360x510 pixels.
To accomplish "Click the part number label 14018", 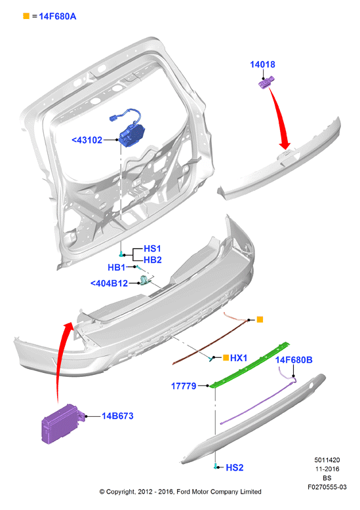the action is [262, 64].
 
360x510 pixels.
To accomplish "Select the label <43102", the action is [87, 140].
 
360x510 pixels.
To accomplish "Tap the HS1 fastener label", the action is [152, 249].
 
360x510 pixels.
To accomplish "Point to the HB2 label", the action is [153, 260].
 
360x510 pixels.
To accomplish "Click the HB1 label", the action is [117, 267].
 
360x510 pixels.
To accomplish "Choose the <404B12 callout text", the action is [109, 283].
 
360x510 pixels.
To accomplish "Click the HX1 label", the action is [239, 358].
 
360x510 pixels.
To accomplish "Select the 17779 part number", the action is [184, 386].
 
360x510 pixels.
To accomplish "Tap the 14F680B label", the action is [294, 360].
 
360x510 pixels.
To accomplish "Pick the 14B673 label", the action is [117, 416].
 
